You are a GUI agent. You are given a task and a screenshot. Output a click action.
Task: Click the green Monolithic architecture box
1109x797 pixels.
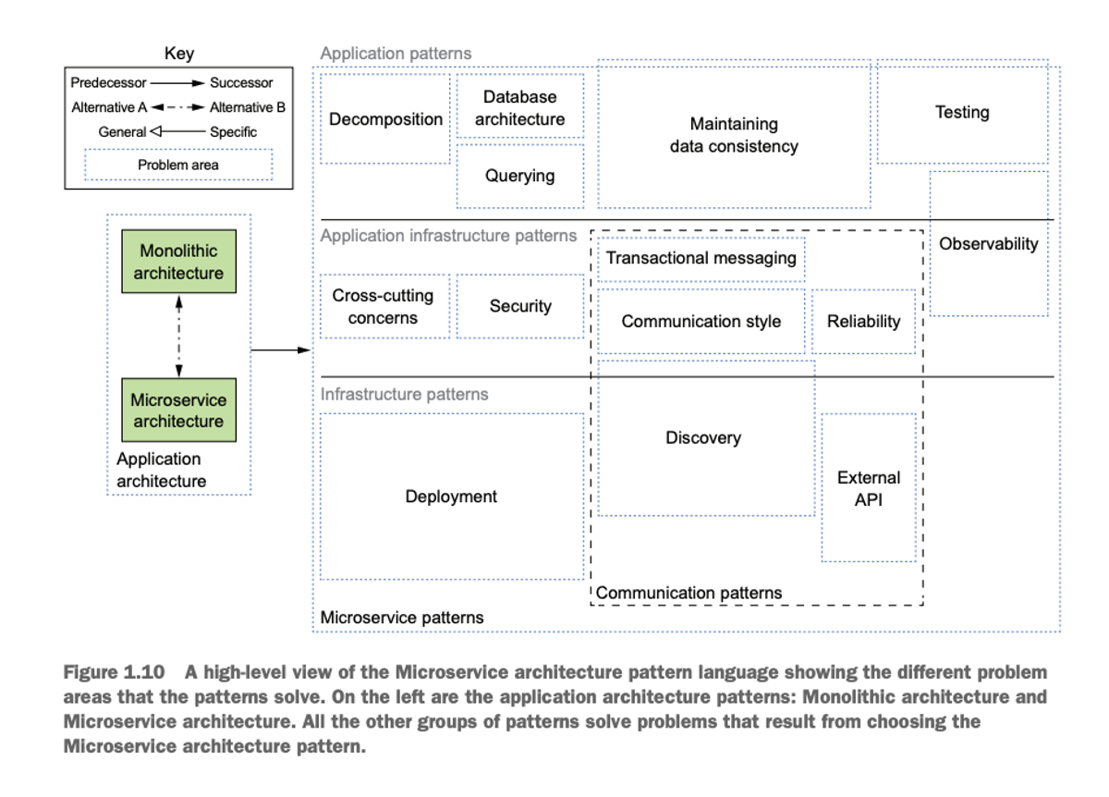178,261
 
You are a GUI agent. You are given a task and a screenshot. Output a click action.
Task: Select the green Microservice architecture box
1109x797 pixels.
178,410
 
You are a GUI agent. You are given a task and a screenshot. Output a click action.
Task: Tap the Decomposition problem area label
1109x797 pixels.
385,119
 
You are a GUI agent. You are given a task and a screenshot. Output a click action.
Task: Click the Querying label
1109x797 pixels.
519,176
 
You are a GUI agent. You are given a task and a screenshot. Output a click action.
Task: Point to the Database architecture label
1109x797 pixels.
519,108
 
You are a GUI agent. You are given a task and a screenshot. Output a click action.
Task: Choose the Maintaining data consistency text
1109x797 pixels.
734,135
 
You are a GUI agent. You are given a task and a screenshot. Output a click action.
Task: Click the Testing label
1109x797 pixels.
962,113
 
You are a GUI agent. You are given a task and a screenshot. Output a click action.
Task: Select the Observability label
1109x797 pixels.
988,244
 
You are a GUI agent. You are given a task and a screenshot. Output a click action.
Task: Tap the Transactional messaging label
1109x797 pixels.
701,258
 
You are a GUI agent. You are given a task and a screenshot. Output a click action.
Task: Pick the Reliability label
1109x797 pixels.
863,322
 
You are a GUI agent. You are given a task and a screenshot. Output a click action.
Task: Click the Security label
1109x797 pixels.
520,306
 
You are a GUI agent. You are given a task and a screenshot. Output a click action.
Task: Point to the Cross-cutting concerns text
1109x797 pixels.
383,307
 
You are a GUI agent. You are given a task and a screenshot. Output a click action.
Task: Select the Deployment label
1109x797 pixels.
451,497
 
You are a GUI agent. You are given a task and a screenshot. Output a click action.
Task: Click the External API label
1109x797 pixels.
869,488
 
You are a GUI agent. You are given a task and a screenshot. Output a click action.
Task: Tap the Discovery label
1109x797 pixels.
703,438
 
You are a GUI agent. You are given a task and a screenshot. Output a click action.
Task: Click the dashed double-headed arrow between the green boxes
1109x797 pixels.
178,336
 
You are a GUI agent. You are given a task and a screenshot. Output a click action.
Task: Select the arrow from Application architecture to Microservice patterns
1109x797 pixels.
281,350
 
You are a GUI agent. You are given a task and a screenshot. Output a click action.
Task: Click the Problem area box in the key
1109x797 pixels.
178,165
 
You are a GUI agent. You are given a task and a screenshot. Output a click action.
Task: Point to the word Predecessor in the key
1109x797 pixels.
108,82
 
